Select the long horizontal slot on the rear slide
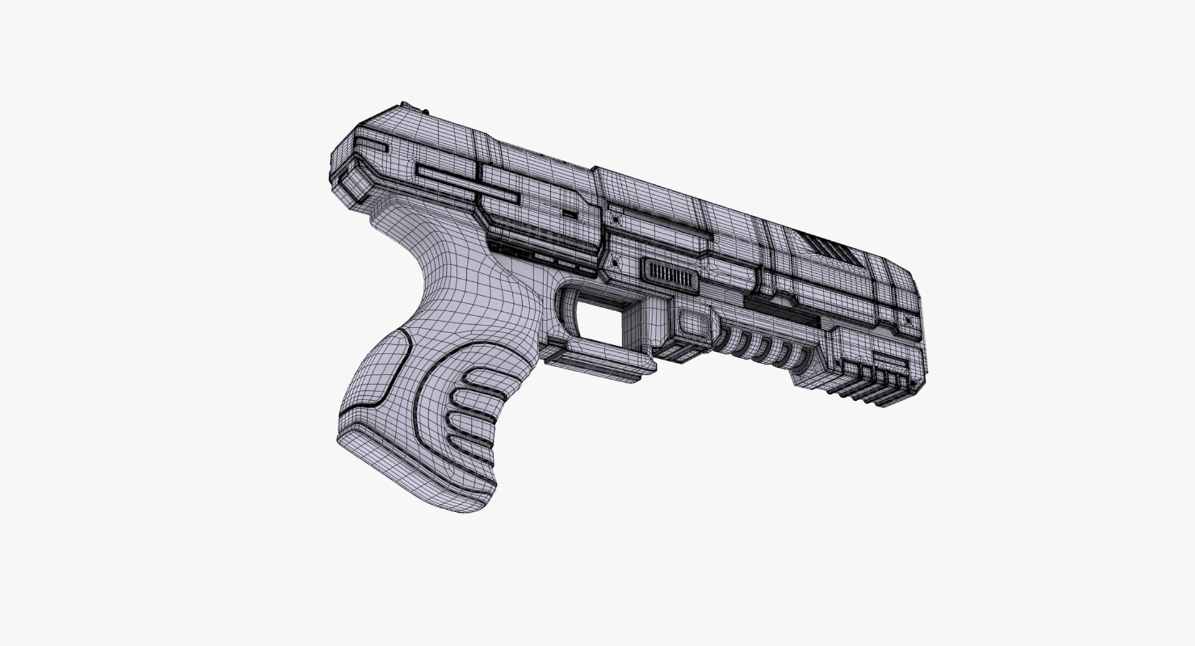(x=467, y=185)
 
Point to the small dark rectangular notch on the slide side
(x=569, y=213)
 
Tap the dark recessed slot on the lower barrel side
(x=781, y=308)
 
